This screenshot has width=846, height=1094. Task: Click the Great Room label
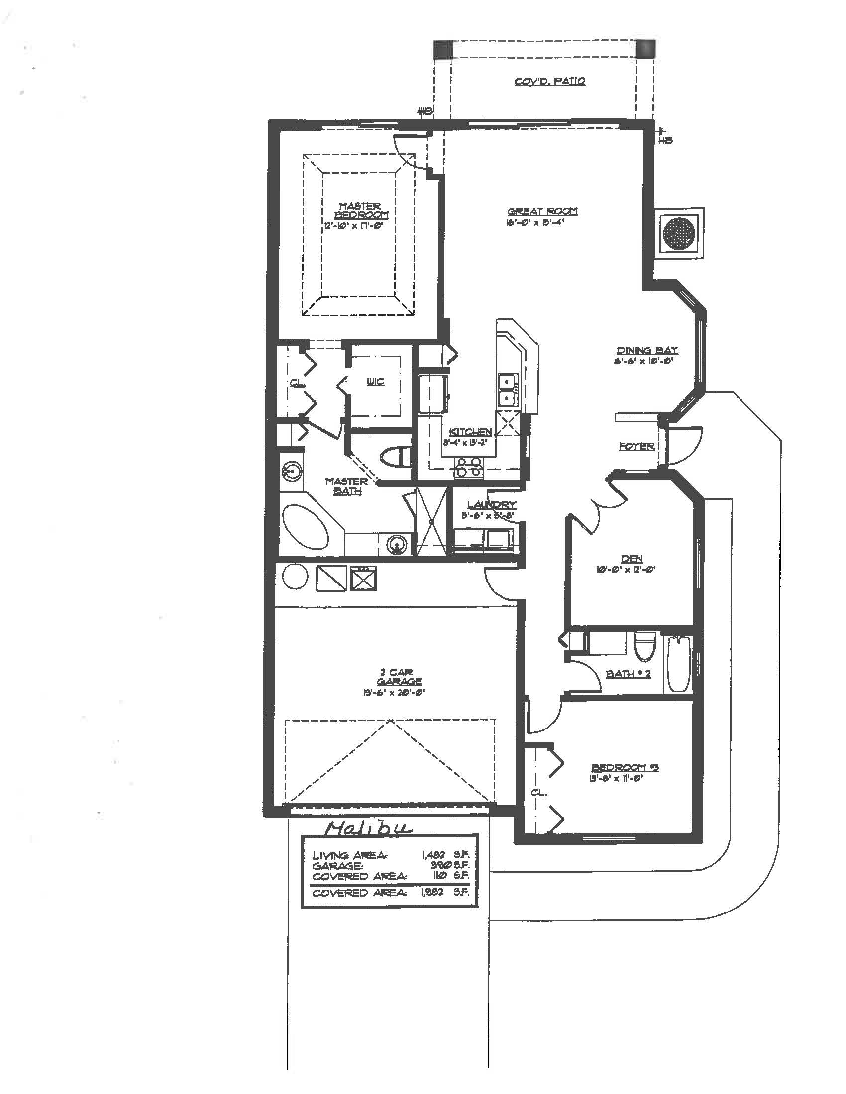click(542, 211)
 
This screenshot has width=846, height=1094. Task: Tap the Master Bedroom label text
click(360, 210)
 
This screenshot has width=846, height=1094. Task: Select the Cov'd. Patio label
click(550, 81)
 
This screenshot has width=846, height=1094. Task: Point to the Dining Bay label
click(647, 350)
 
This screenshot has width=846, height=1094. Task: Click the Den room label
click(632, 559)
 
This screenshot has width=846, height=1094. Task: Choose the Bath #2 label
click(628, 674)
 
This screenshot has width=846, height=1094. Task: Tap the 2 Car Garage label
click(396, 677)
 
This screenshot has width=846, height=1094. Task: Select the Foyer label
click(636, 446)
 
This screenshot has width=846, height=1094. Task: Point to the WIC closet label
click(375, 382)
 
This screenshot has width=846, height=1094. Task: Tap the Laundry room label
click(491, 505)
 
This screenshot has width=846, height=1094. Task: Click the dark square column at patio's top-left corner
click(442, 50)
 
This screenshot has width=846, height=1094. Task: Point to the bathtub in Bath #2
click(679, 664)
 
